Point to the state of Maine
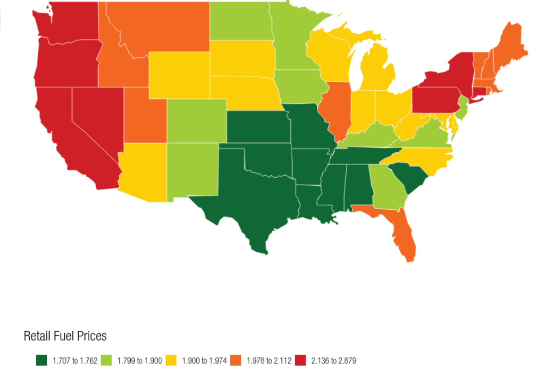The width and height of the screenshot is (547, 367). pyautogui.click(x=511, y=47)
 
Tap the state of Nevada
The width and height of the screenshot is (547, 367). pyautogui.click(x=96, y=115)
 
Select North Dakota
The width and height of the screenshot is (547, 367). pyautogui.click(x=241, y=21)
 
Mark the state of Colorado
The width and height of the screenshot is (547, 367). pyautogui.click(x=197, y=121)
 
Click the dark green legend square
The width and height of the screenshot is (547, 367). pyautogui.click(x=41, y=361)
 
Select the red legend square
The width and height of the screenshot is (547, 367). pyautogui.click(x=301, y=361)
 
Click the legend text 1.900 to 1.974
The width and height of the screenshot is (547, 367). pyautogui.click(x=204, y=361)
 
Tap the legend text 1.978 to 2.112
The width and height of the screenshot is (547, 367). pyautogui.click(x=269, y=361)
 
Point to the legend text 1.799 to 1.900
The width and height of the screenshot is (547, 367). pyautogui.click(x=140, y=361)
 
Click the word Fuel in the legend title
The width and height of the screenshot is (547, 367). pyautogui.click(x=65, y=336)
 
